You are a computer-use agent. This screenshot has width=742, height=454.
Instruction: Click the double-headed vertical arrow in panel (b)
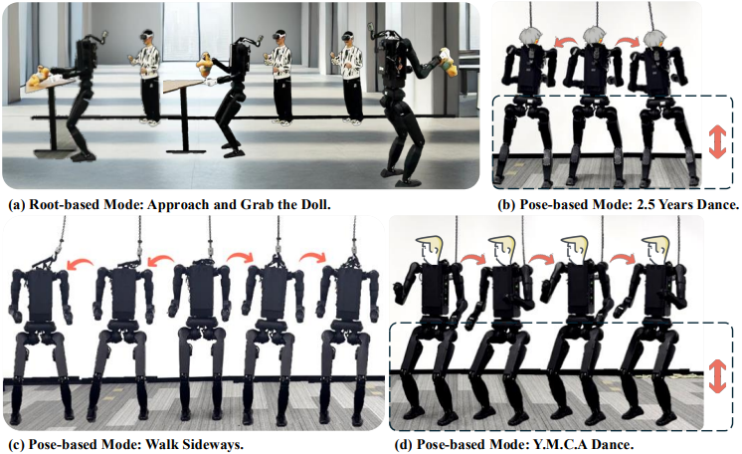tap(717, 142)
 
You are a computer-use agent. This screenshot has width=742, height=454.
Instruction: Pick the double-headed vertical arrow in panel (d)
tap(717, 375)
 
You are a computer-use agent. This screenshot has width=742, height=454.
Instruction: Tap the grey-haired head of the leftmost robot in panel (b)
tap(529, 37)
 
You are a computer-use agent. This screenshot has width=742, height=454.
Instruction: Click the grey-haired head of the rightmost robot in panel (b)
tap(654, 38)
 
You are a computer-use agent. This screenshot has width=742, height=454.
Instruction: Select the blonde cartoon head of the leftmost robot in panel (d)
tap(430, 249)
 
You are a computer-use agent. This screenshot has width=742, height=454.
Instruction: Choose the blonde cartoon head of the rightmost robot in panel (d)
tap(656, 249)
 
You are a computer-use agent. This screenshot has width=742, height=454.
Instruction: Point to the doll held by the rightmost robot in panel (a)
tap(448, 62)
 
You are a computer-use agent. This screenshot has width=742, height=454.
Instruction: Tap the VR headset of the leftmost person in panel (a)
tap(147, 35)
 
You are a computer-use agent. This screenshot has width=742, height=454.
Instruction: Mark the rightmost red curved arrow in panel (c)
tap(312, 257)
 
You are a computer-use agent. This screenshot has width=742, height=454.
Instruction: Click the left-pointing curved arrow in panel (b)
tap(566, 42)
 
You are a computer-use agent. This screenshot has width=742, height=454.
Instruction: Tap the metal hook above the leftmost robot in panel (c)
tap(61, 247)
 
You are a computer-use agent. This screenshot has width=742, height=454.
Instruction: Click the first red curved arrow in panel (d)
tap(472, 258)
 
